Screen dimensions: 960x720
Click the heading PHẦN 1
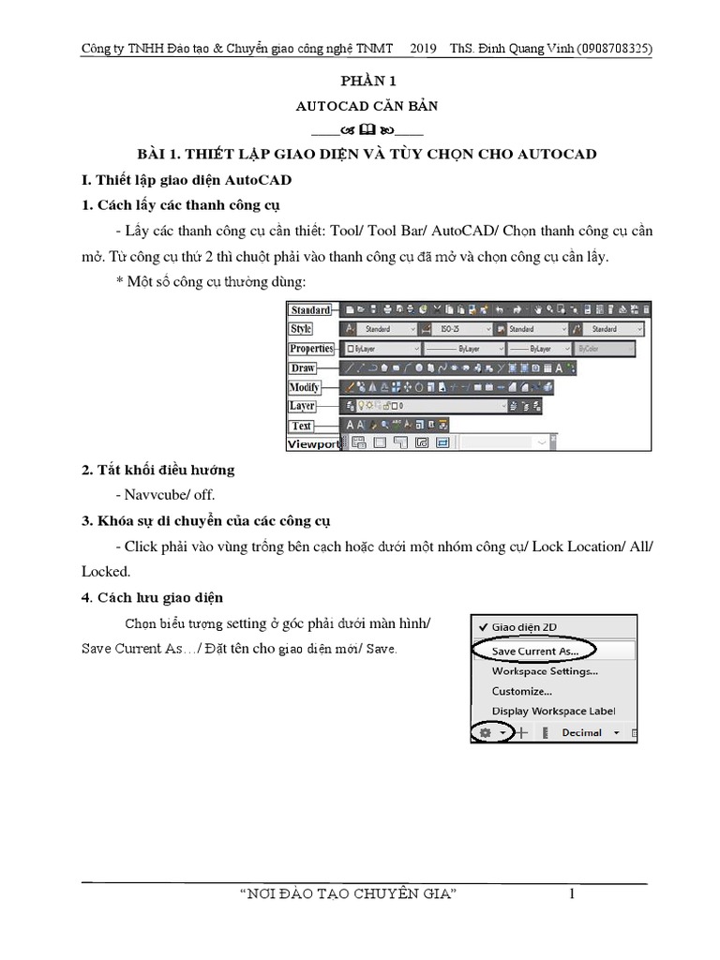(x=361, y=82)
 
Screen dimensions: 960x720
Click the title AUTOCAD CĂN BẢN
(x=361, y=106)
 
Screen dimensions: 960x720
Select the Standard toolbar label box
(x=309, y=310)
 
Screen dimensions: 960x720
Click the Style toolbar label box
(x=301, y=329)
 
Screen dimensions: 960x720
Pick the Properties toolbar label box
(x=311, y=349)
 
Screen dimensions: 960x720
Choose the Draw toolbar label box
(x=302, y=368)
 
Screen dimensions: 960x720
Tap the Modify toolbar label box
(x=305, y=387)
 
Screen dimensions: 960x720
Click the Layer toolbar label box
(x=302, y=406)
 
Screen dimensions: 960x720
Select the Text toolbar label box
(x=301, y=426)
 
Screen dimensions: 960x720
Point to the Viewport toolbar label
(x=313, y=443)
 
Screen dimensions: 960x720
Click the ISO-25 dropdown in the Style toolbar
(x=459, y=330)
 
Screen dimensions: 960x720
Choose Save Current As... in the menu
(x=535, y=649)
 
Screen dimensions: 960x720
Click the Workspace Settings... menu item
(x=545, y=670)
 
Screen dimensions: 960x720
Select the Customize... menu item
(x=521, y=691)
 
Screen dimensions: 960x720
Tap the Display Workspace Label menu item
(x=553, y=712)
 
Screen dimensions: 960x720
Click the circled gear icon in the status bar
(x=486, y=733)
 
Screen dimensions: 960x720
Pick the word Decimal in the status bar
(x=581, y=733)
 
